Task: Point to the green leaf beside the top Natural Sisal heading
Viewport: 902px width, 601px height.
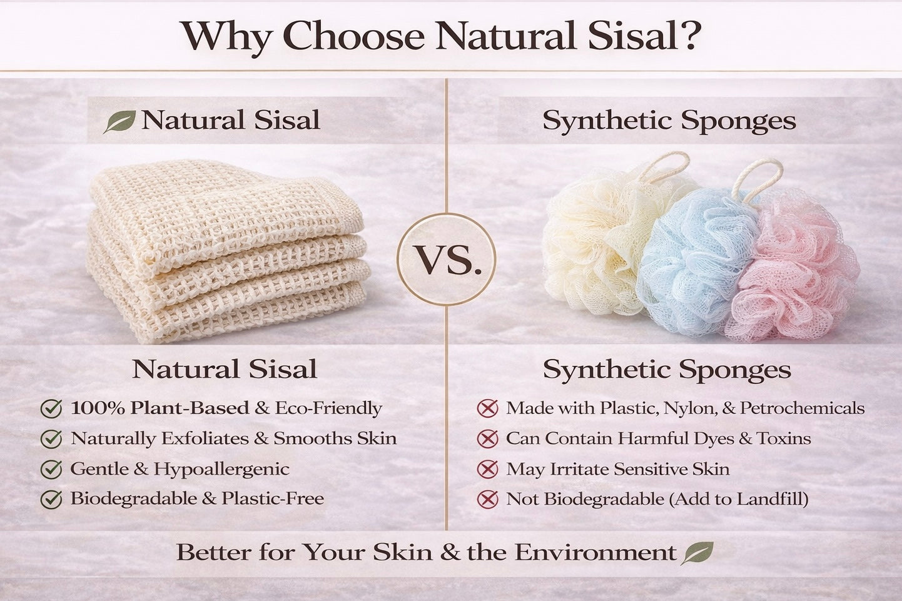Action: tap(119, 121)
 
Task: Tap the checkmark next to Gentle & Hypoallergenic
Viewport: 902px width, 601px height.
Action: tap(51, 469)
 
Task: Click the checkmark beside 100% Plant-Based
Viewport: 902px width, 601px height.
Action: tap(51, 409)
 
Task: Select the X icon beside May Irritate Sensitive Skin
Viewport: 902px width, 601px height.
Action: tap(487, 469)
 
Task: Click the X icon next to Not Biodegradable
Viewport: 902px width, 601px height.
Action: tap(487, 499)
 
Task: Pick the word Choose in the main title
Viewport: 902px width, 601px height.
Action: tap(357, 36)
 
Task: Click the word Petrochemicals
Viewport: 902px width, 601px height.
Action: tap(802, 408)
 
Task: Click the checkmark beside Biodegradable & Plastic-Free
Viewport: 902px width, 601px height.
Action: tap(51, 499)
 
